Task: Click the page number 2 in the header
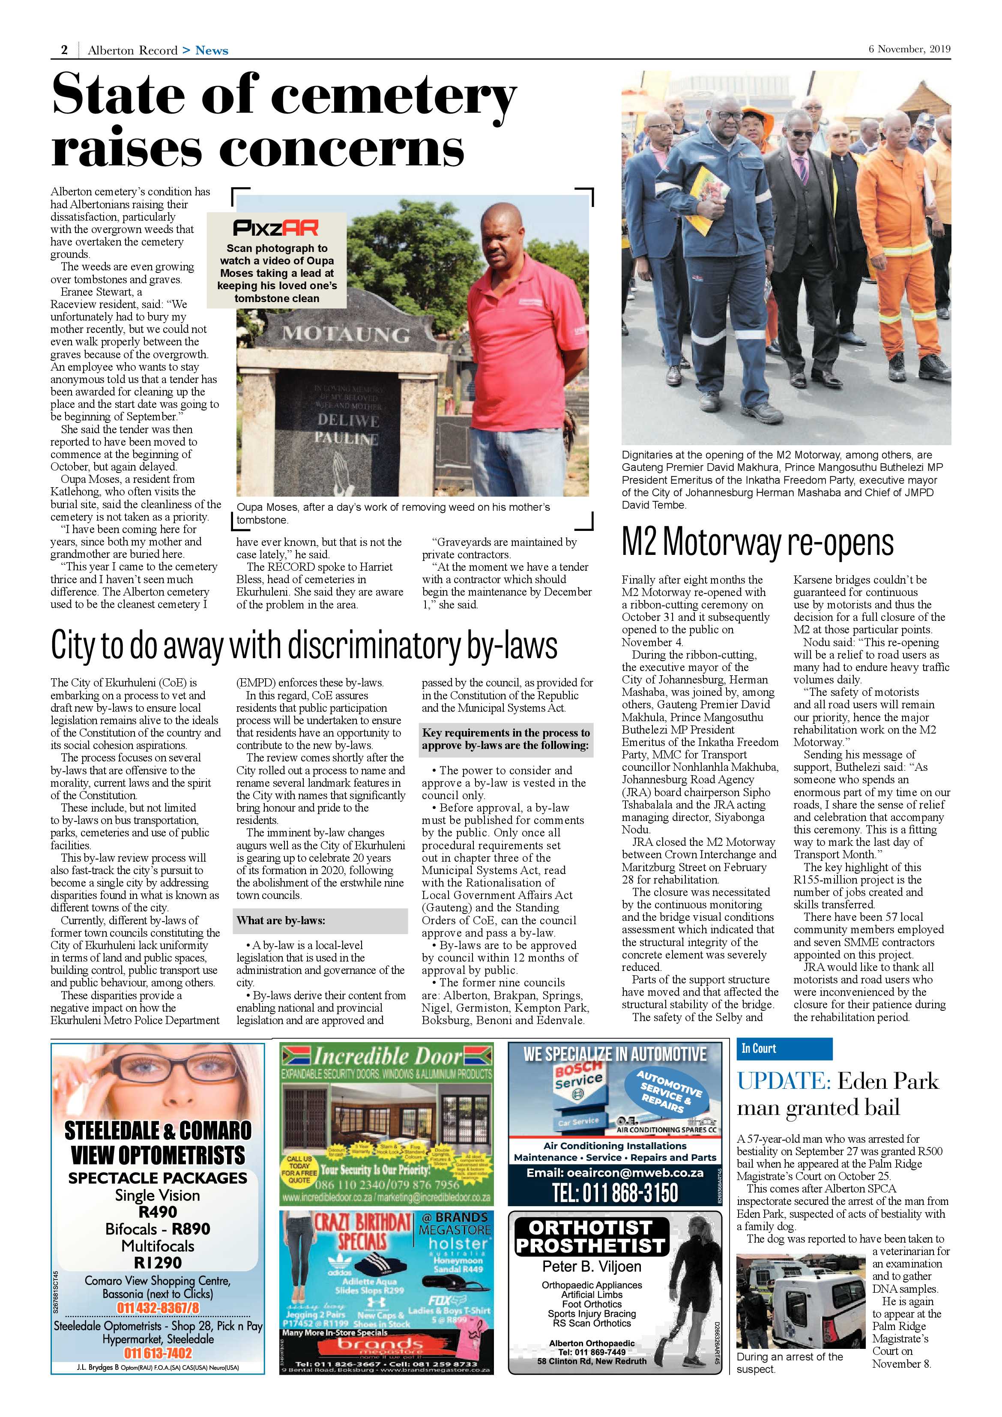point(64,50)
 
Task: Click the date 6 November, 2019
point(909,49)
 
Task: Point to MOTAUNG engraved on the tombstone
point(346,335)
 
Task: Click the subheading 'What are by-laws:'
point(281,920)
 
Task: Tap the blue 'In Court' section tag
point(759,1049)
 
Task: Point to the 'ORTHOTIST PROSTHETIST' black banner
point(590,1237)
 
